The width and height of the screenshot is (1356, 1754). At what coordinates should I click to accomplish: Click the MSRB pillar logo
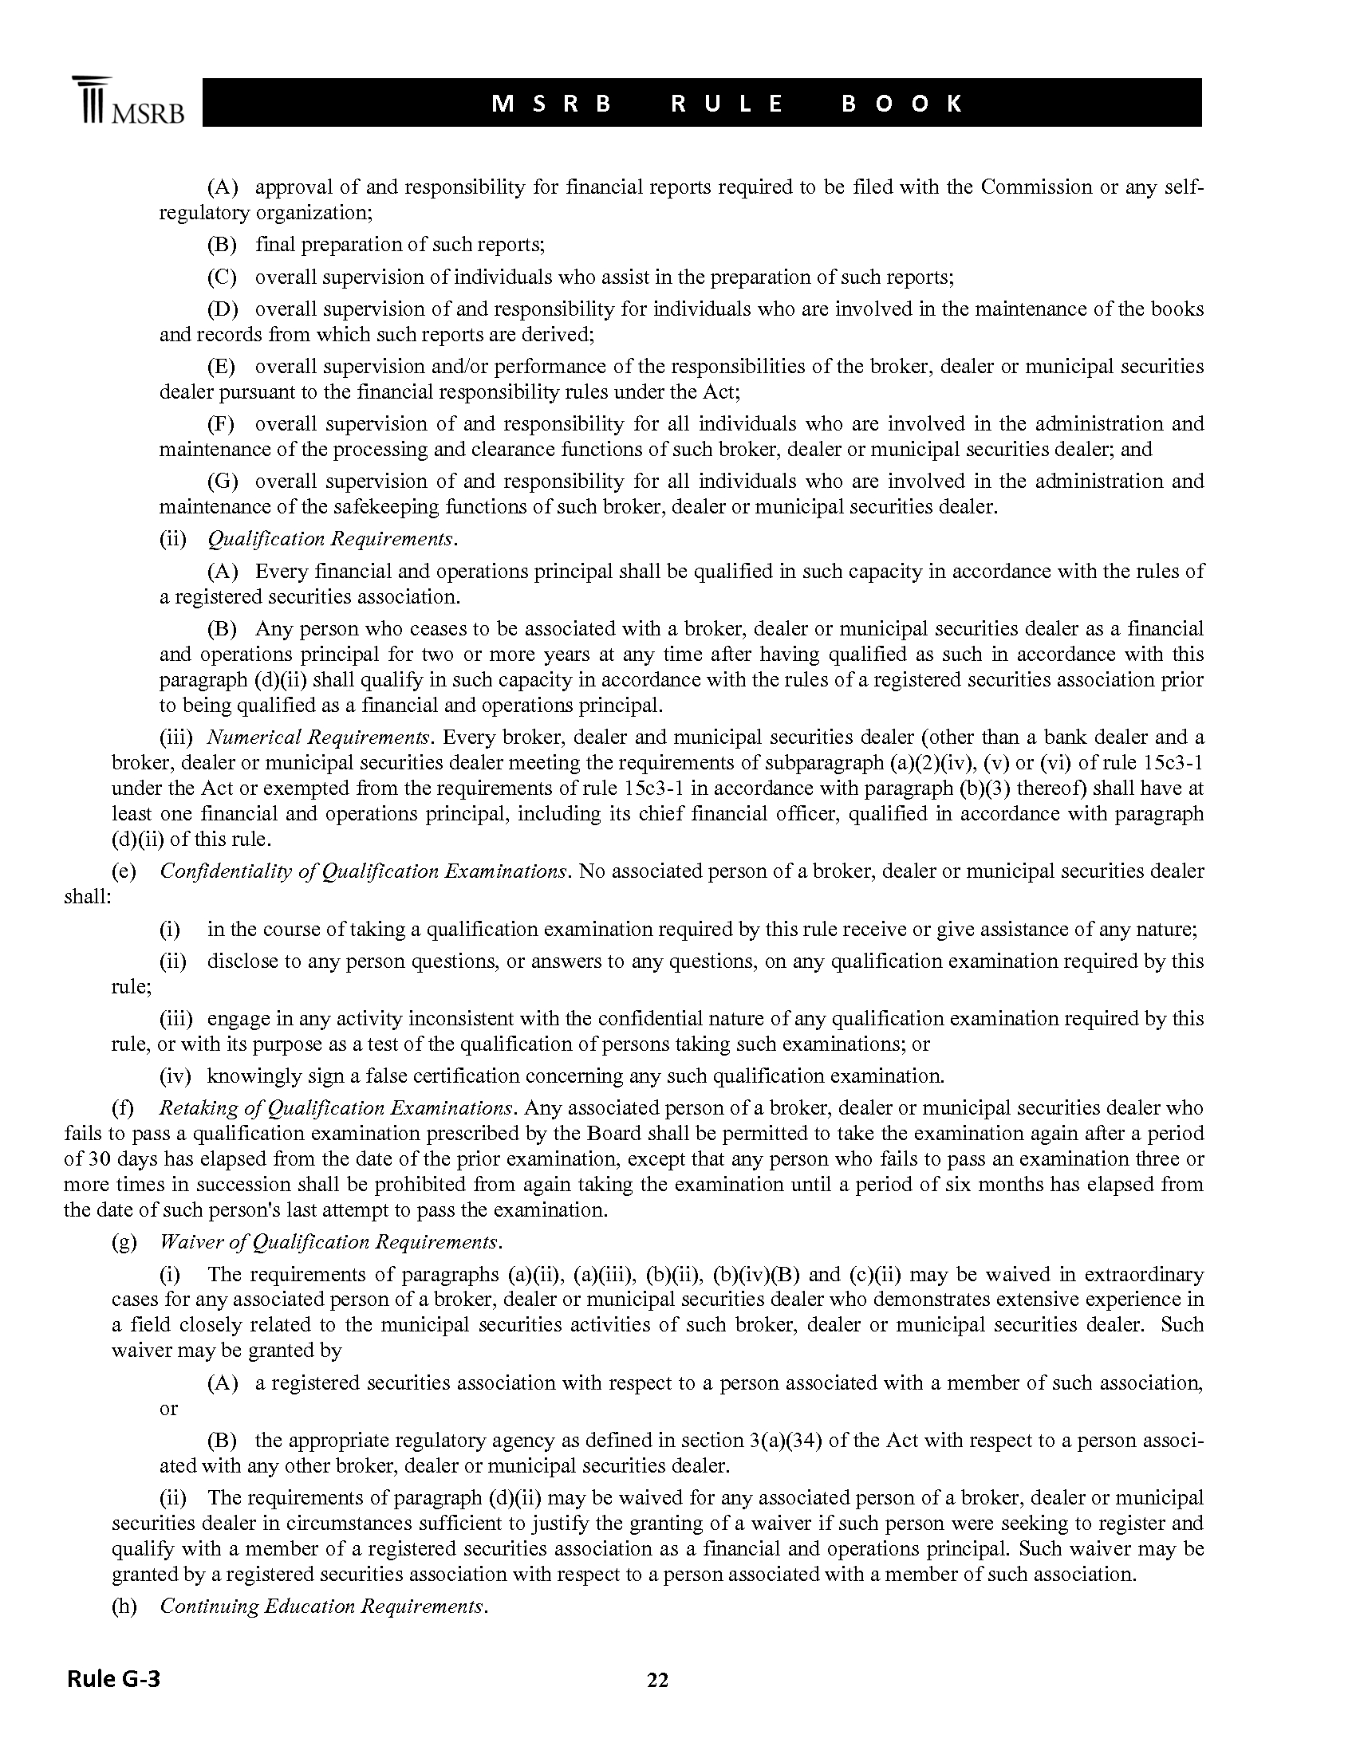(x=126, y=101)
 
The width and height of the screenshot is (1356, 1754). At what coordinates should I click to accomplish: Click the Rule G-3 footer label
(x=113, y=1677)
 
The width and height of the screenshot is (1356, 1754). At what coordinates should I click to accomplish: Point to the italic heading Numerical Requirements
(x=319, y=737)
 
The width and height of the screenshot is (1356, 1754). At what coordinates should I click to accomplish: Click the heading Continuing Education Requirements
(x=323, y=1606)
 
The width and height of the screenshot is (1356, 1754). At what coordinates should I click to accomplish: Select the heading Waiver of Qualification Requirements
(x=330, y=1241)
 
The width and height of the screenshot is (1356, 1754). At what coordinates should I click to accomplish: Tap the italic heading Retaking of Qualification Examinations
(x=337, y=1107)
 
